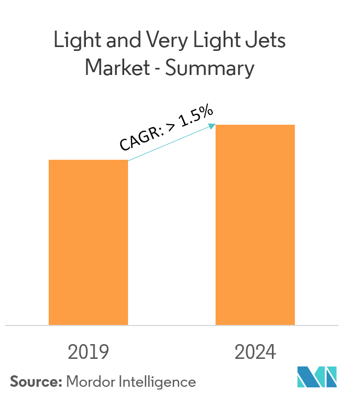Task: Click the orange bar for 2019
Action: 88,242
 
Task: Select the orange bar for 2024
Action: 255,225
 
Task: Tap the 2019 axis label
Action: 88,352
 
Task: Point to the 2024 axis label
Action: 256,352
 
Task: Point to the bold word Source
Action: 33,381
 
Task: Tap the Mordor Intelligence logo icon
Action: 317,377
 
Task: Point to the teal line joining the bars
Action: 170,144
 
